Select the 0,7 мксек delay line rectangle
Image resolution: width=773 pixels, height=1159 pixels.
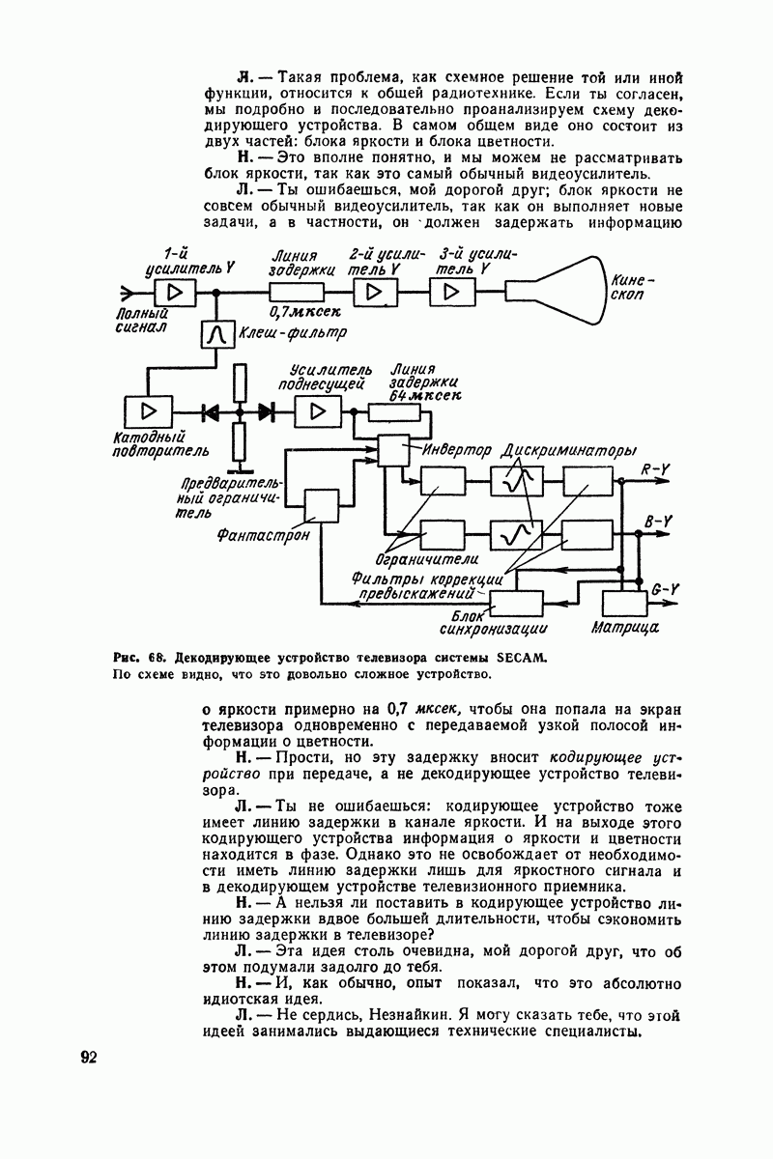coord(296,293)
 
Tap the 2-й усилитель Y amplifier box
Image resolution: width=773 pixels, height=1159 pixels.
coord(370,293)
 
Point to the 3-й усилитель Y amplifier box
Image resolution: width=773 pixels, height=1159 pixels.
coord(447,293)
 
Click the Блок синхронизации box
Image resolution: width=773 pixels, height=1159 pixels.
coord(517,604)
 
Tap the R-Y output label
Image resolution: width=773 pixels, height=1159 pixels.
coord(656,470)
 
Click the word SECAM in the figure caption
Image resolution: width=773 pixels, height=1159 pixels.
coord(522,658)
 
